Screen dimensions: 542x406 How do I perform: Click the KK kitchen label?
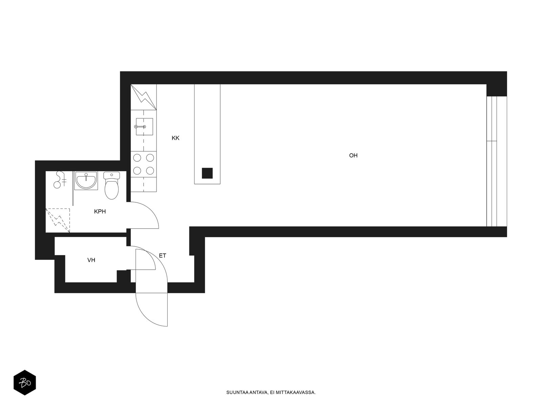[x=175, y=138]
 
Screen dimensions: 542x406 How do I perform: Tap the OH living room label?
[x=353, y=155]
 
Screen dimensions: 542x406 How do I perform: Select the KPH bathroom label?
[x=100, y=211]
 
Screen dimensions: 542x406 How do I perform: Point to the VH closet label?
[x=91, y=260]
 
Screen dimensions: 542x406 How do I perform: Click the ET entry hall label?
[x=162, y=256]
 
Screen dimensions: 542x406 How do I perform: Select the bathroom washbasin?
[x=86, y=181]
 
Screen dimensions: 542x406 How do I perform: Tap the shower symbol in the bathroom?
[x=60, y=179]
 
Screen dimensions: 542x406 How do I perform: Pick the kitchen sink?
[x=144, y=127]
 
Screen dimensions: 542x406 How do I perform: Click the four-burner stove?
[x=144, y=164]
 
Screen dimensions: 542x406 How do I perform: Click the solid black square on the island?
[x=207, y=173]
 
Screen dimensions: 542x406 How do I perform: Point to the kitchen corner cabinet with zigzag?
[x=144, y=97]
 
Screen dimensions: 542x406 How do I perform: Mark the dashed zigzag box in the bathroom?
[x=58, y=220]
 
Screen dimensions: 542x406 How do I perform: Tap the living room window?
[x=496, y=161]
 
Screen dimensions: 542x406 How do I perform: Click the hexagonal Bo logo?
[x=25, y=383]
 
